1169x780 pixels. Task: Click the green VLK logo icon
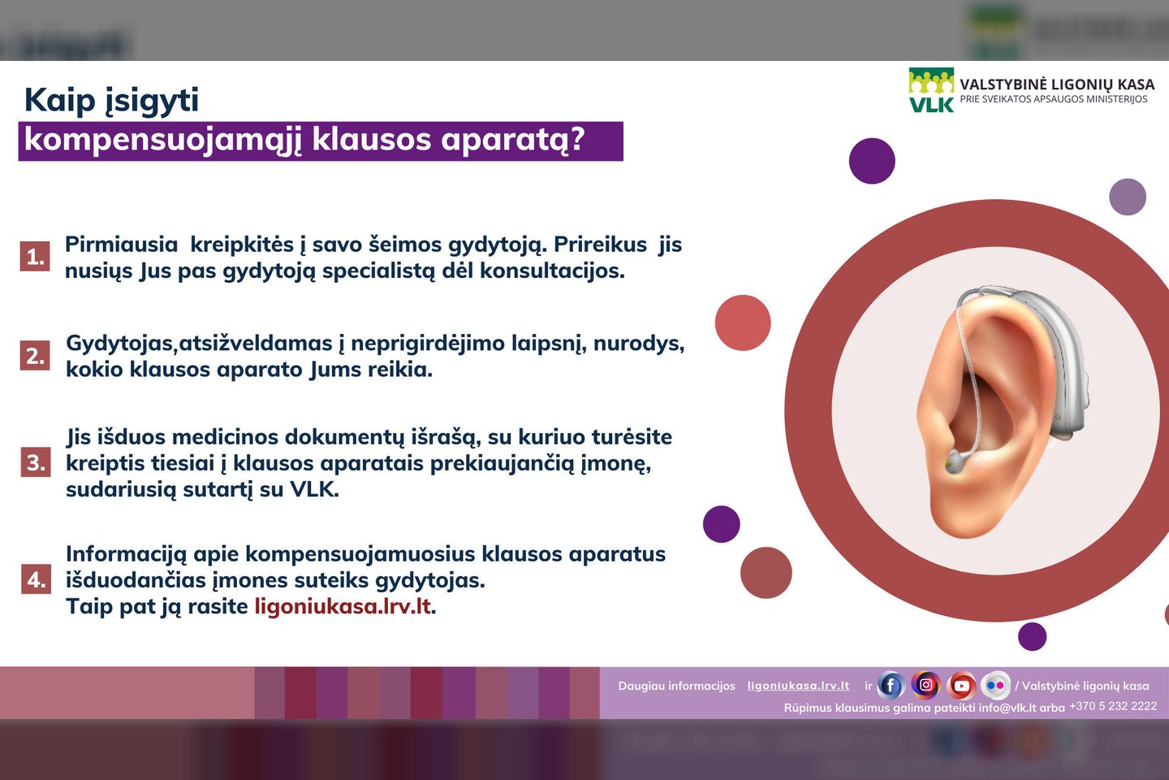pyautogui.click(x=931, y=90)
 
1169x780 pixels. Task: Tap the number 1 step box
pyautogui.click(x=35, y=256)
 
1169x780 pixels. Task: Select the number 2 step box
pyautogui.click(x=35, y=355)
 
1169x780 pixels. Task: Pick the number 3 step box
pyautogui.click(x=36, y=461)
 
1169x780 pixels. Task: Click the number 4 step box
pyautogui.click(x=36, y=578)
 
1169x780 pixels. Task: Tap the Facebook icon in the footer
pyautogui.click(x=891, y=685)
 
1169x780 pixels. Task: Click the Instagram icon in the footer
pyautogui.click(x=925, y=684)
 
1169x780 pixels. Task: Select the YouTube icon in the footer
pyautogui.click(x=961, y=685)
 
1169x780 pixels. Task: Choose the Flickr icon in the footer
pyautogui.click(x=996, y=685)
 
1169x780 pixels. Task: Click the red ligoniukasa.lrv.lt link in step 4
pyautogui.click(x=343, y=607)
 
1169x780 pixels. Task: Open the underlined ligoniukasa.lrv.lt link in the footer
pyautogui.click(x=798, y=686)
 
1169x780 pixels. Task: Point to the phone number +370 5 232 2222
pyautogui.click(x=1113, y=706)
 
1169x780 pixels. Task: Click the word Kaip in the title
pyautogui.click(x=60, y=100)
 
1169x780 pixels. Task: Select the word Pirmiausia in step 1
pyautogui.click(x=121, y=245)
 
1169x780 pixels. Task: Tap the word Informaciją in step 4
pyautogui.click(x=126, y=555)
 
